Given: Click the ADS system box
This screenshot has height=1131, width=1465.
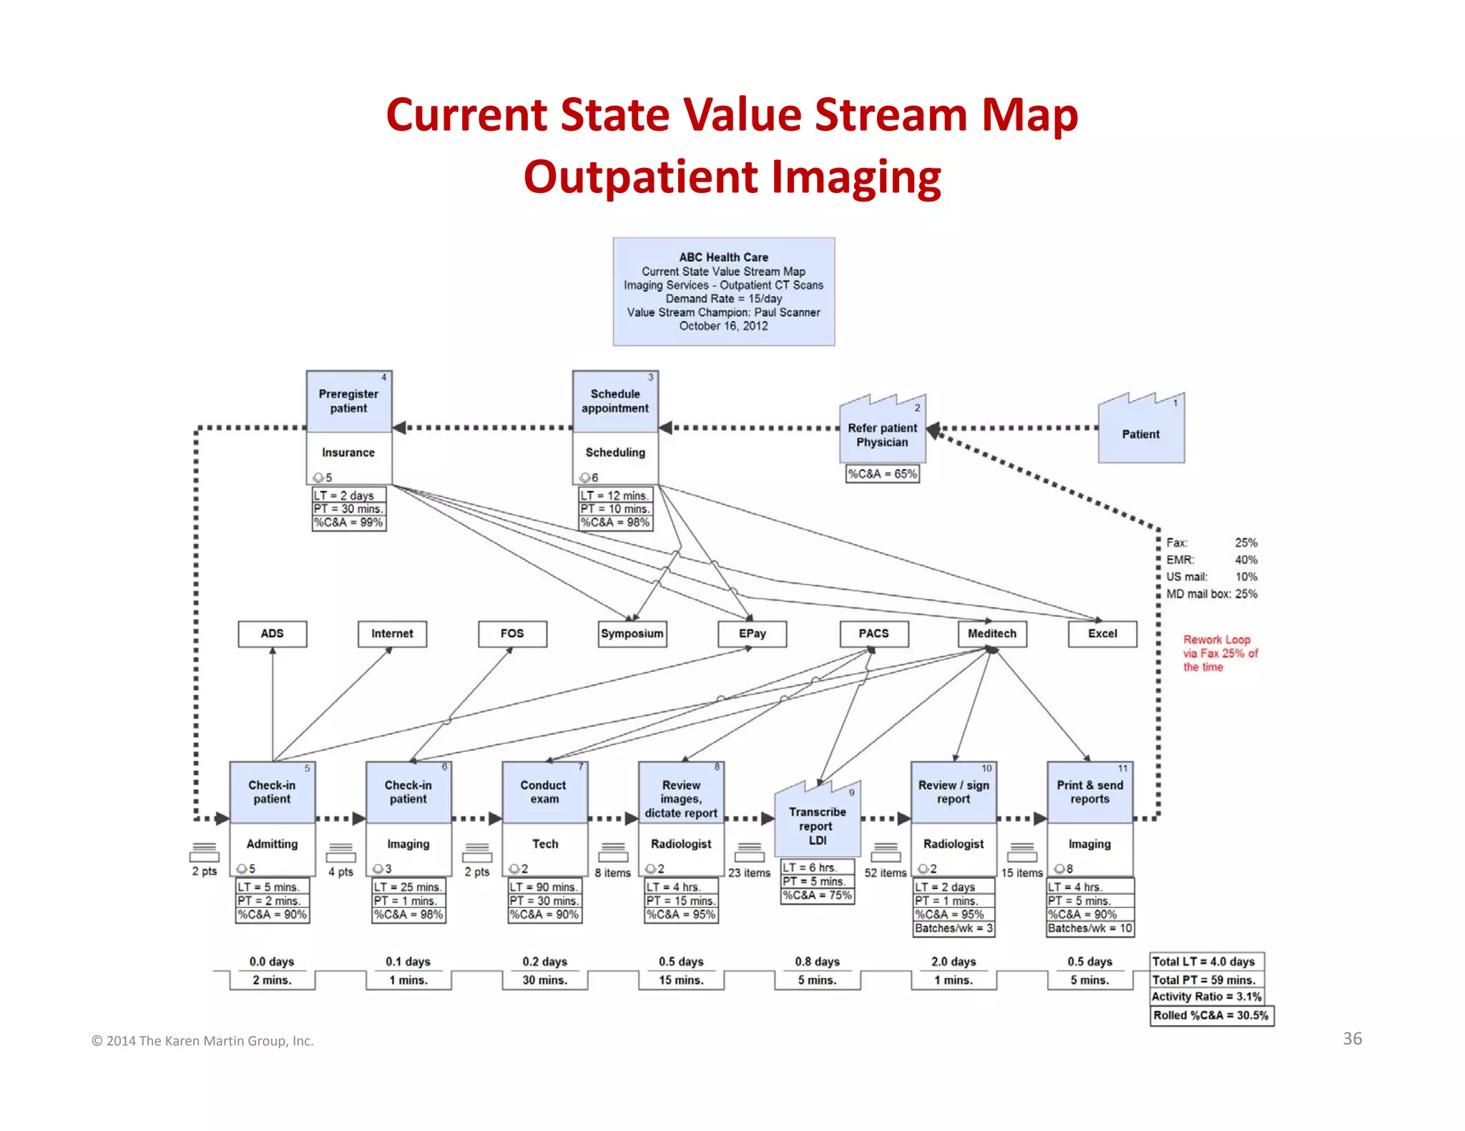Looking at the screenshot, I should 272,634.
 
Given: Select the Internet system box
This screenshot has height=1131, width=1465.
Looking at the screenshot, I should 392,634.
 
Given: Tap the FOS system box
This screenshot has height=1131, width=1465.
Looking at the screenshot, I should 512,634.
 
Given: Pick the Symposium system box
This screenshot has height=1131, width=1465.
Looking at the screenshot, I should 632,634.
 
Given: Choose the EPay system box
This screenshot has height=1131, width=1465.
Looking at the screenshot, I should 753,634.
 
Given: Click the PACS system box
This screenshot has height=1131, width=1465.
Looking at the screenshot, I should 873,634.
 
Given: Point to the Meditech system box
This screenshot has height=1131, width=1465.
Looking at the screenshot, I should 992,634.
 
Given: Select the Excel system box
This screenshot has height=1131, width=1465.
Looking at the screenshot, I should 1102,634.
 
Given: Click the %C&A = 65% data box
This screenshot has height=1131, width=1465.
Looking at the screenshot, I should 882,474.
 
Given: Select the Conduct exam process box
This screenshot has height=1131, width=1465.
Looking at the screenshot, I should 544,792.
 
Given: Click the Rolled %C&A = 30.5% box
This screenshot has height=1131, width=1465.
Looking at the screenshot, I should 1211,1015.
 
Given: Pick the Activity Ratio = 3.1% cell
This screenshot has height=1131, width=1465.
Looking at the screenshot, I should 1206,997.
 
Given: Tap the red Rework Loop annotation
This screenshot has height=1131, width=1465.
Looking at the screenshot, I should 1219,653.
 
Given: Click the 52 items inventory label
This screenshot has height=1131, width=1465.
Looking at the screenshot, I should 885,873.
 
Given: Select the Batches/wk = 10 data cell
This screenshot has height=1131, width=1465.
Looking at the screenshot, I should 1089,929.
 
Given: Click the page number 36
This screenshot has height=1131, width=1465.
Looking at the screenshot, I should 1352,1039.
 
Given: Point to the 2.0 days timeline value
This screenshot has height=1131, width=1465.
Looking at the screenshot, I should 954,962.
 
